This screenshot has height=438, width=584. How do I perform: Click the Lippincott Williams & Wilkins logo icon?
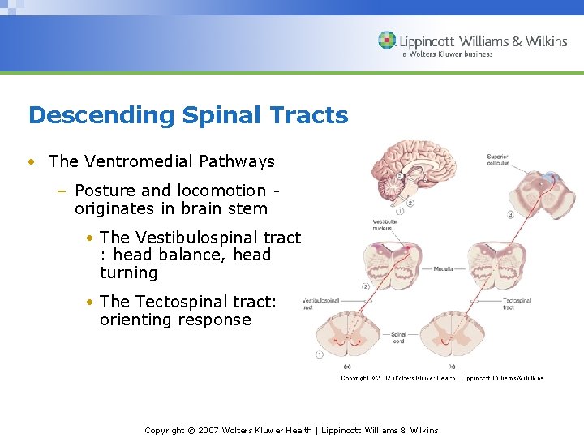388,41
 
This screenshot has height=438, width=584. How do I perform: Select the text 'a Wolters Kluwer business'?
447,54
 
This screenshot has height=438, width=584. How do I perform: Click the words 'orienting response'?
175,320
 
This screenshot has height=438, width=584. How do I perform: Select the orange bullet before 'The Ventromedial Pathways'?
30,161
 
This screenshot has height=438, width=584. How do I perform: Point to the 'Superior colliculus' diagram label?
498,159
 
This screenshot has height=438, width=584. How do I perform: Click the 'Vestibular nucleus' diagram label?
384,225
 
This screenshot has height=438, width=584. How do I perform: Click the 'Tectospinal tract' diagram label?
517,303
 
